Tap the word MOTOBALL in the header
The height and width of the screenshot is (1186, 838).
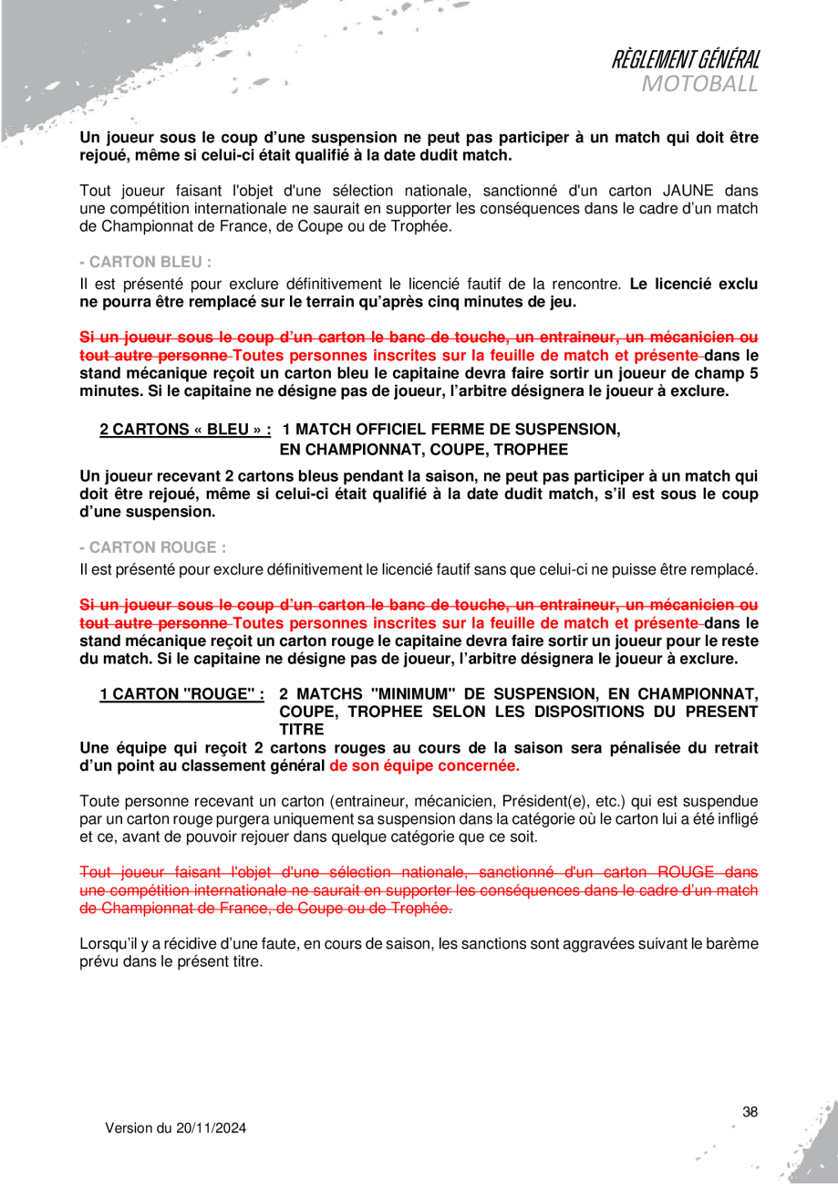tap(699, 85)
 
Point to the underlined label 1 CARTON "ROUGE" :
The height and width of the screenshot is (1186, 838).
tap(181, 692)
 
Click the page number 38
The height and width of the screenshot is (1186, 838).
tap(750, 1111)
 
